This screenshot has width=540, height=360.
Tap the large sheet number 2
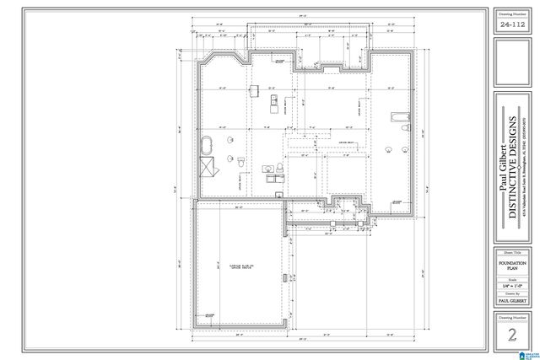tap(511, 333)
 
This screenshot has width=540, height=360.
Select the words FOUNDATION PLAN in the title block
tap(511, 267)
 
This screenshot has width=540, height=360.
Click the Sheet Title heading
tap(511, 252)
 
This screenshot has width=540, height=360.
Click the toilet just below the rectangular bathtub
tap(406, 129)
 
